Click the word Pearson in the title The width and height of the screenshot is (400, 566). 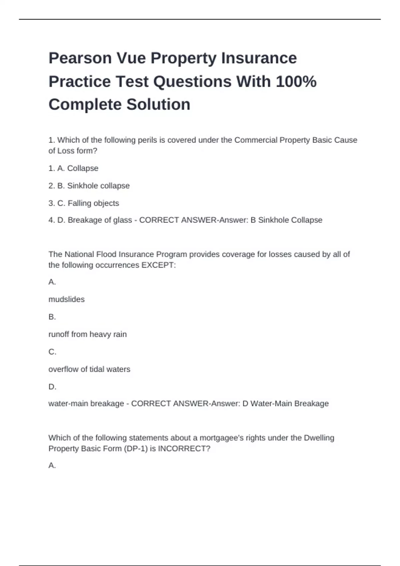80,58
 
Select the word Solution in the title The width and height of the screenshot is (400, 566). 158,105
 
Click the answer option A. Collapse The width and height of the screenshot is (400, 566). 73,168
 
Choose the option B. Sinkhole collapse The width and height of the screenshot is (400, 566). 89,186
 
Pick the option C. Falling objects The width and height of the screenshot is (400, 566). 84,203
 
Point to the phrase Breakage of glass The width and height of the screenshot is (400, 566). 100,220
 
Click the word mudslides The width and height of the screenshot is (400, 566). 67,299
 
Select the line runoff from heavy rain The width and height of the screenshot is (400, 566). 88,334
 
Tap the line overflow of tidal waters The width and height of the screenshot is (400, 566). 89,369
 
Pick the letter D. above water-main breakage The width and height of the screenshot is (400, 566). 52,387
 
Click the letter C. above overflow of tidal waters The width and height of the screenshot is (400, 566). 52,352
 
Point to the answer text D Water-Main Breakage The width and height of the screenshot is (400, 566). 285,404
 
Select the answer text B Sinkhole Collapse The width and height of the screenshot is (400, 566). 286,220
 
